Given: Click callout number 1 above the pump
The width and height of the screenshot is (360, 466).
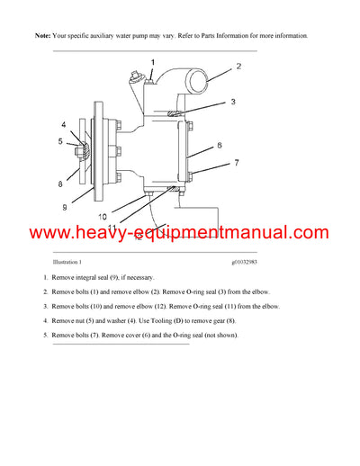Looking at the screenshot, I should [x=152, y=60].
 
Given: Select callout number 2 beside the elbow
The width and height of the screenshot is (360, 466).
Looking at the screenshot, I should [x=238, y=67].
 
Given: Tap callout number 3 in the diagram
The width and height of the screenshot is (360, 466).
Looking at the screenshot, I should [x=232, y=102].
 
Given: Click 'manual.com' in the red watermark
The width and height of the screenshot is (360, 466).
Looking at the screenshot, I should [x=281, y=234].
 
